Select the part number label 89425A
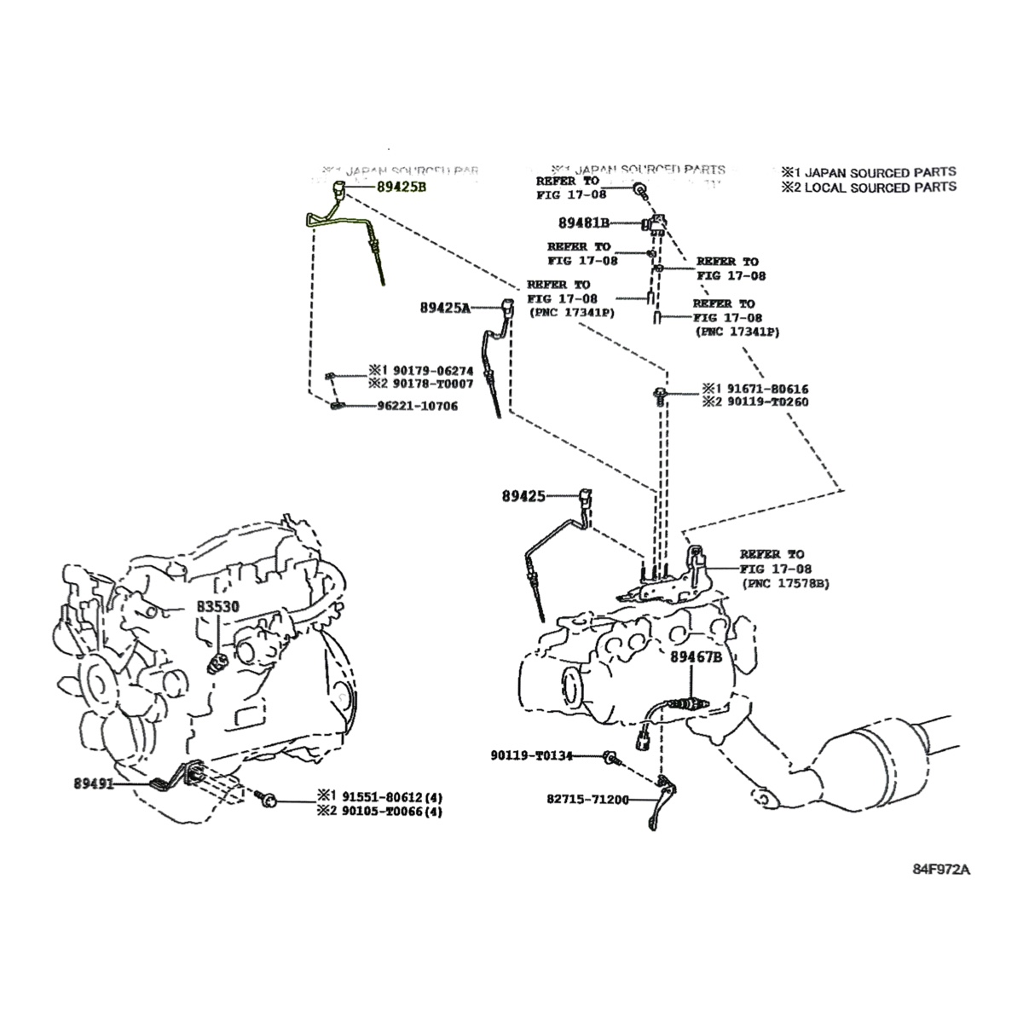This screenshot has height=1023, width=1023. click(444, 307)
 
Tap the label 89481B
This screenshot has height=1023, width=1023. click(584, 223)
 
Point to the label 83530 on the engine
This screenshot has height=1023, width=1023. click(220, 607)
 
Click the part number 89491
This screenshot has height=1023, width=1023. click(94, 782)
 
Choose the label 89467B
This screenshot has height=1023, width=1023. click(696, 657)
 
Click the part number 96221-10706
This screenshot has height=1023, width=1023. click(417, 406)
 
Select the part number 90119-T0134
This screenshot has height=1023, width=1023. click(543, 755)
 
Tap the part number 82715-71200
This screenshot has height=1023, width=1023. click(587, 800)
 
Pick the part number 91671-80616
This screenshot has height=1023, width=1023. click(762, 388)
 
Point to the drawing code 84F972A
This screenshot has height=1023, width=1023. click(941, 870)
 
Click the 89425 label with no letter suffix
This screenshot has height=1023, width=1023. click(523, 494)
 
